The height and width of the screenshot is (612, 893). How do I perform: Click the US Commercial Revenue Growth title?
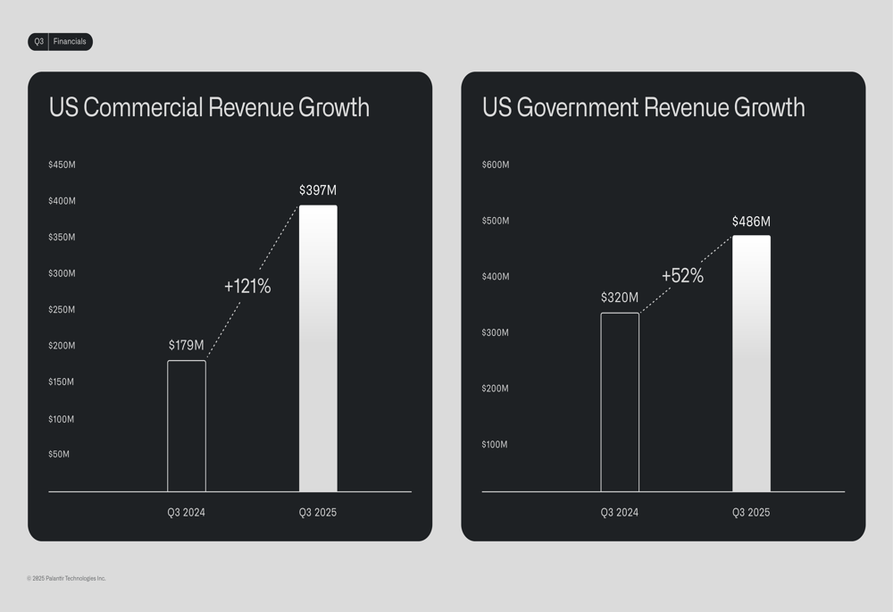click(x=209, y=108)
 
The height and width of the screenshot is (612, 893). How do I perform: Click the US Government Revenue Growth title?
click(x=643, y=108)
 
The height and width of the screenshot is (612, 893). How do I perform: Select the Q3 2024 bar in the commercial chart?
click(x=187, y=426)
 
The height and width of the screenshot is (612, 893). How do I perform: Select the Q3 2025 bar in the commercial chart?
click(x=318, y=348)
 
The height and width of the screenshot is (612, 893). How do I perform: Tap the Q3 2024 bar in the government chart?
click(x=620, y=402)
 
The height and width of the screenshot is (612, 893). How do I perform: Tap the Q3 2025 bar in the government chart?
click(x=751, y=364)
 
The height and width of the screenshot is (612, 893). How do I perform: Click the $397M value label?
click(x=318, y=190)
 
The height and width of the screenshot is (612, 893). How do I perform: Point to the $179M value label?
click(x=187, y=346)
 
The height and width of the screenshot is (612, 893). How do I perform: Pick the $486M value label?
click(x=751, y=222)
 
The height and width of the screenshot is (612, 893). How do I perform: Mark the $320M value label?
click(x=620, y=298)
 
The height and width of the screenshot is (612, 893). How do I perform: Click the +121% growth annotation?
click(x=247, y=287)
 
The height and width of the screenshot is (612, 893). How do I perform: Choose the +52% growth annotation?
click(x=682, y=276)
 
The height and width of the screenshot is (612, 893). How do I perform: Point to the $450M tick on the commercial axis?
click(x=62, y=165)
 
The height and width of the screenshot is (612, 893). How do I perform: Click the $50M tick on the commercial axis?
click(x=59, y=455)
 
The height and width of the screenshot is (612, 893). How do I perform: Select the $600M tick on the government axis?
click(x=496, y=165)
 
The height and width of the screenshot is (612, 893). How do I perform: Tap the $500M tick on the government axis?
click(x=496, y=221)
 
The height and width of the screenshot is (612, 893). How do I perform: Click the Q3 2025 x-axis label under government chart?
click(x=751, y=513)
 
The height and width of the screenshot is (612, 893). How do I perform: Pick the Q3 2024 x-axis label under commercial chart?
click(x=187, y=513)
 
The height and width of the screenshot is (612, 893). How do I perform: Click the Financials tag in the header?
click(x=70, y=42)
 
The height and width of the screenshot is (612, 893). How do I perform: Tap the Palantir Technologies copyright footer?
click(x=67, y=579)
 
